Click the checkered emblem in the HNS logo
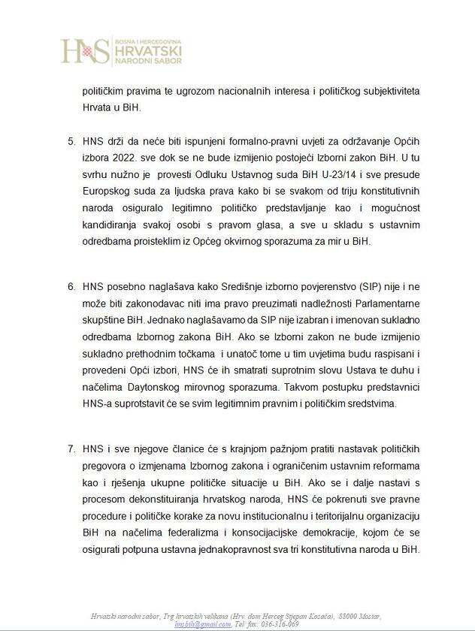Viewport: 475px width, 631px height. pos(89,52)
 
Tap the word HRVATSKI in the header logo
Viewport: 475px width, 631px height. pos(147,50)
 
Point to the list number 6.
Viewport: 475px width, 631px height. pos(71,286)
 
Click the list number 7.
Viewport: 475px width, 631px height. pos(71,449)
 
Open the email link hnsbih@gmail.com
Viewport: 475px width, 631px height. pos(202,624)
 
